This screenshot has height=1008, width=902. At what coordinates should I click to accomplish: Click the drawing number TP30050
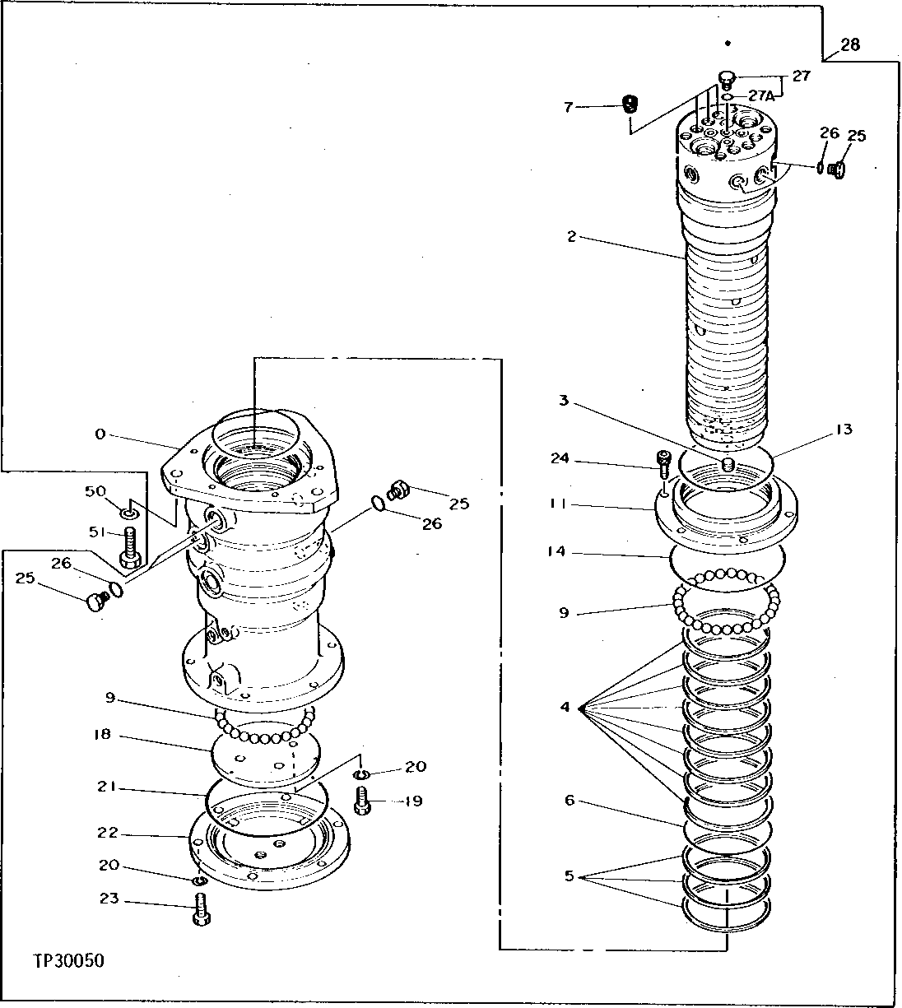[69, 960]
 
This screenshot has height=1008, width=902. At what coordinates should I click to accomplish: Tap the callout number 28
[850, 44]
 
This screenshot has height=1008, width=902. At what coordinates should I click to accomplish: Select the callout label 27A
[760, 96]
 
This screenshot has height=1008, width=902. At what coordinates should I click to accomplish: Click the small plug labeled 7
[630, 105]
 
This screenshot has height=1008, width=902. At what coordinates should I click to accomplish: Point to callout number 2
[572, 237]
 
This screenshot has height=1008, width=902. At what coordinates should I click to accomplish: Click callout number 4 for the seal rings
[565, 706]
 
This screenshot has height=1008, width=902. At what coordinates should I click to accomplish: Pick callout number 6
[570, 799]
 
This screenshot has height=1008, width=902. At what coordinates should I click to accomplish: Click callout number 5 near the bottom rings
[570, 876]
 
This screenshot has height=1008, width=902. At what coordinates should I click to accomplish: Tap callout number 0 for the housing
[100, 434]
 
